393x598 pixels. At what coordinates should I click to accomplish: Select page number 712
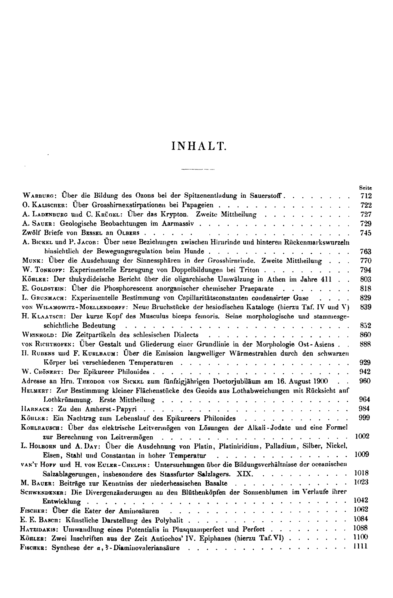tap(366, 196)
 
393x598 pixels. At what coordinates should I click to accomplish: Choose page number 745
tap(366, 233)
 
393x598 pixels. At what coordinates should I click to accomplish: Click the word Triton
tap(249, 270)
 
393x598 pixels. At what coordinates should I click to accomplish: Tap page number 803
tap(366, 279)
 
